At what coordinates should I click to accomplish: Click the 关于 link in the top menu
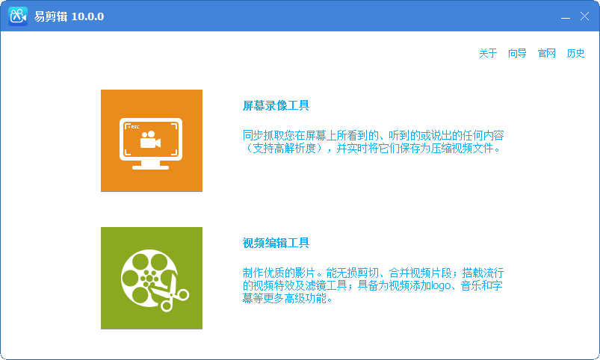tap(488, 54)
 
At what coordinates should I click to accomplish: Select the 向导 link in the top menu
tap(517, 54)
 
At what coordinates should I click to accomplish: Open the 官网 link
tap(547, 54)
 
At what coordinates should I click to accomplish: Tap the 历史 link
tap(575, 54)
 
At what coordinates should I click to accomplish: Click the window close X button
tap(584, 16)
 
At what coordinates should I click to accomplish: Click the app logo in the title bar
tap(18, 16)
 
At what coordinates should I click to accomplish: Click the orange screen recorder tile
tap(152, 140)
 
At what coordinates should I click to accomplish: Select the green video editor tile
tap(152, 278)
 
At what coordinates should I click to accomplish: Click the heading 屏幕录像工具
tap(276, 105)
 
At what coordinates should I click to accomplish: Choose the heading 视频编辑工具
tap(276, 243)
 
